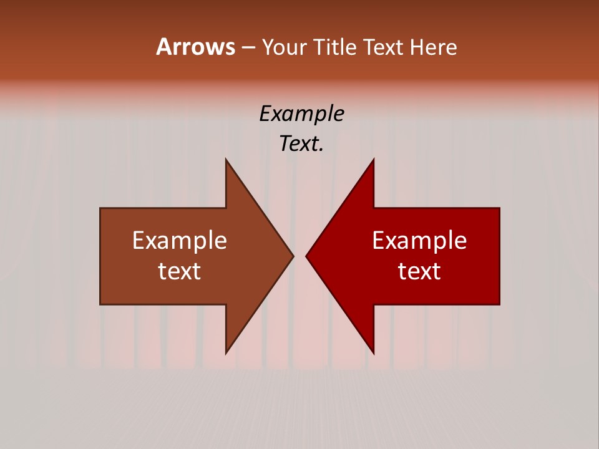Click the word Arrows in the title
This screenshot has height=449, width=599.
coord(195,47)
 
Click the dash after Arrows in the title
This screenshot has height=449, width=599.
coord(248,48)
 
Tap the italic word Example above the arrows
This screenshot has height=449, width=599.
coord(301,114)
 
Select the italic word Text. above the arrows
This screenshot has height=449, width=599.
coord(301,144)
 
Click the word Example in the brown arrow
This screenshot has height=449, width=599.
coord(180,241)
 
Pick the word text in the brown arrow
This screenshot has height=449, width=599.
coord(180,271)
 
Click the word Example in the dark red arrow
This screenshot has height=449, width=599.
coord(419,241)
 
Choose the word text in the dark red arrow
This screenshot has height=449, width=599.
coord(419,271)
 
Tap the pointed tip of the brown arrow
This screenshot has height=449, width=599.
coord(293,256)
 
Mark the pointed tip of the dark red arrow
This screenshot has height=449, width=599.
coord(306,256)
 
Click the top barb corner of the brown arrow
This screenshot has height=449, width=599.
coord(226,160)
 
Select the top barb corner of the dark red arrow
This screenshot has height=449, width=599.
coord(373,160)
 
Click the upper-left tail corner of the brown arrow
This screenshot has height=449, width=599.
coord(100,208)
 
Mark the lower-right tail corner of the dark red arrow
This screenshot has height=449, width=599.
coord(499,304)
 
